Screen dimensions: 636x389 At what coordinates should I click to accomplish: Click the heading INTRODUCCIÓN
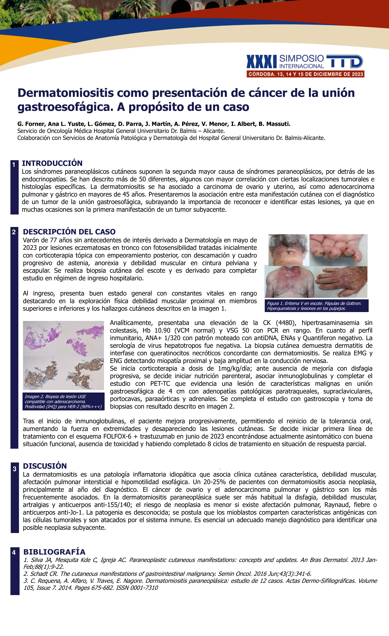(52, 163)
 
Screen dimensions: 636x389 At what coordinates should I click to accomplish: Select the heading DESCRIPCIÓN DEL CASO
(69, 231)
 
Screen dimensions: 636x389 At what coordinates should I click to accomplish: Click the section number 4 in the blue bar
(14, 552)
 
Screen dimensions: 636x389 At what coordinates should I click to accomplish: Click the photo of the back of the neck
(289, 250)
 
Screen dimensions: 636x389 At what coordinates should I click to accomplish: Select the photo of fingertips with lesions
(338, 250)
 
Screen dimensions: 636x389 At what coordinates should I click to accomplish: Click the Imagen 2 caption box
(63, 401)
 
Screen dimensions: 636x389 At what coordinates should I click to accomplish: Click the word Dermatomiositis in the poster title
(66, 93)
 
